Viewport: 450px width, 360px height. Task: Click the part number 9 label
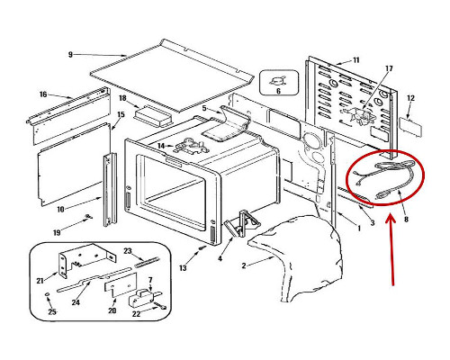point(70,55)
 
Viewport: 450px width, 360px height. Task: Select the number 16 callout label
point(43,94)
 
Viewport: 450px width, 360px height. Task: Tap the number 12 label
point(410,98)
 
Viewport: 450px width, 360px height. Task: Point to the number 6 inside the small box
point(278,91)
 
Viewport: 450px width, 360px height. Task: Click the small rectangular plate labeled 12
point(410,127)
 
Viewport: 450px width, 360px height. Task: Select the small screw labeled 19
point(88,217)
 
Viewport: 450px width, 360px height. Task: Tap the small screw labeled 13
point(203,247)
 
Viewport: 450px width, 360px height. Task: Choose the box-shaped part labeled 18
point(153,115)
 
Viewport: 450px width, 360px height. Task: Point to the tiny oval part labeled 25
point(47,295)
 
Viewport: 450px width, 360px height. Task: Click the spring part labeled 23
point(147,261)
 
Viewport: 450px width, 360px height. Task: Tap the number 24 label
point(76,302)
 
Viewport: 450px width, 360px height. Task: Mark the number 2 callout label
point(244,265)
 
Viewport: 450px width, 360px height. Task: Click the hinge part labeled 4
point(242,223)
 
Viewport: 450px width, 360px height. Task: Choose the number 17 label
point(389,68)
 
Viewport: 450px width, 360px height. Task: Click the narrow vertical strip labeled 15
point(110,190)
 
